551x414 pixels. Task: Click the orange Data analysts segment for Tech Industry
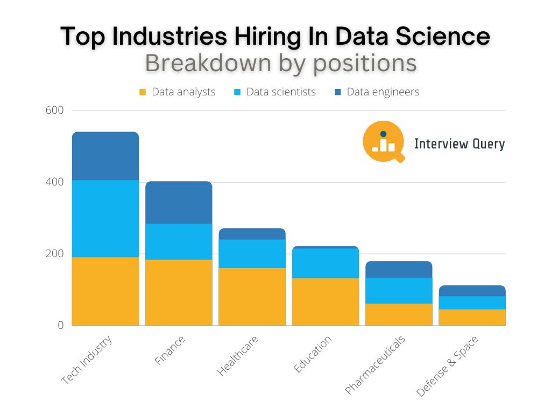[x=105, y=291]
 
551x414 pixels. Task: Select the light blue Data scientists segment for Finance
[x=179, y=241]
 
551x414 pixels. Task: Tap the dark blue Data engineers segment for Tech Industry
[x=105, y=156]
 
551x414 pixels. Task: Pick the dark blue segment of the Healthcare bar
[x=252, y=233]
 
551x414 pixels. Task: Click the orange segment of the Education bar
[x=325, y=301]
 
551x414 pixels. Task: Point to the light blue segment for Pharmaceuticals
[x=398, y=291]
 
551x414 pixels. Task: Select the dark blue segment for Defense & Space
[x=472, y=291]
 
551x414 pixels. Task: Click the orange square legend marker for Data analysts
[x=143, y=92]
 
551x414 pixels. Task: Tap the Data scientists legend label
[x=281, y=92]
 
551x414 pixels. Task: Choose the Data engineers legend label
[x=383, y=92]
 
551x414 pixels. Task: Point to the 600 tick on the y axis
[x=55, y=111]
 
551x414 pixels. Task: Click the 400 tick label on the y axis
[x=55, y=182]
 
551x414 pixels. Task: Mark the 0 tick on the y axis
[x=60, y=326]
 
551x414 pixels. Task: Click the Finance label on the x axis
[x=170, y=351]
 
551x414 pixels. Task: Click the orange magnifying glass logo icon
[x=384, y=142]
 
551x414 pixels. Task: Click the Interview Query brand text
[x=459, y=144]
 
